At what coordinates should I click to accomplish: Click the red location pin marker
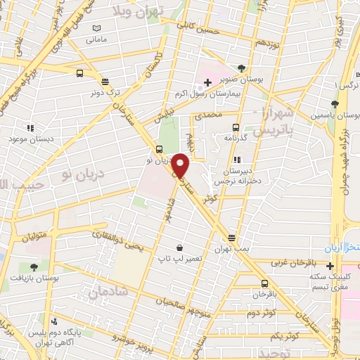[181, 165]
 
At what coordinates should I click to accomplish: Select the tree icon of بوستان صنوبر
[242, 68]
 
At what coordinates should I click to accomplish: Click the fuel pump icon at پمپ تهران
[231, 238]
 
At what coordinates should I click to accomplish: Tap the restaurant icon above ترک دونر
[104, 81]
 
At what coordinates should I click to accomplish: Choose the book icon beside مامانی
[96, 28]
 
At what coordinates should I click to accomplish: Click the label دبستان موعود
[27, 139]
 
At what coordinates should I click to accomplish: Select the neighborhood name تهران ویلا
[139, 11]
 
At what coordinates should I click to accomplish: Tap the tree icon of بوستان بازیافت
[34, 267]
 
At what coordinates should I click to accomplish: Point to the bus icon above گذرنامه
[236, 128]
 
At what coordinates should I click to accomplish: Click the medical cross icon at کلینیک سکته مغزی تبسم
[330, 265]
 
